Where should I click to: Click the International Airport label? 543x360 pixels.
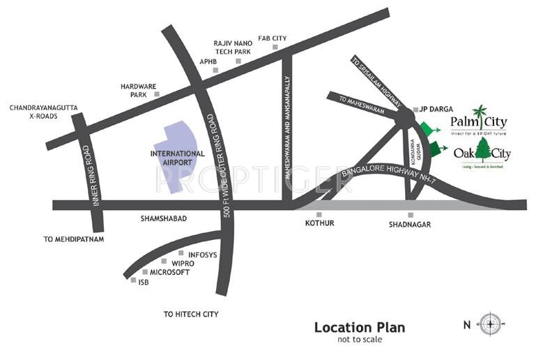(178, 158)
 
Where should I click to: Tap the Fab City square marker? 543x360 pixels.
(275, 47)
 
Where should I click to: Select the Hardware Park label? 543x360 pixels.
(133, 90)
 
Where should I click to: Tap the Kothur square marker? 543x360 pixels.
(319, 214)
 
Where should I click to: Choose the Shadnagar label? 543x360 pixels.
(410, 224)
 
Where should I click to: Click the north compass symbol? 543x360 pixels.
(491, 323)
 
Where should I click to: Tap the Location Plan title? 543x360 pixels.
(359, 327)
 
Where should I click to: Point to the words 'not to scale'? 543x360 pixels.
(359, 340)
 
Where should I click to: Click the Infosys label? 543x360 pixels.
(202, 254)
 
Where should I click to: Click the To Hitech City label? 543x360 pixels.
(191, 315)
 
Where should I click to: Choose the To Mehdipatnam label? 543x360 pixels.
(73, 239)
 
